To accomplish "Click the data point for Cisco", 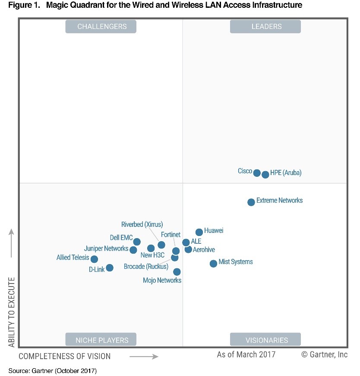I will point(257,173).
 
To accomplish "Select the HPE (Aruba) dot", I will point(265,175).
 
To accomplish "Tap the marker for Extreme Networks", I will point(251,202).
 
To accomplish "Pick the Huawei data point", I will point(199,232).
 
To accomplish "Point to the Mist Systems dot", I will point(213,264).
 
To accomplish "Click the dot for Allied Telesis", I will point(94,259).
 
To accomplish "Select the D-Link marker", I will point(110,268).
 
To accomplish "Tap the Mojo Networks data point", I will point(177,272).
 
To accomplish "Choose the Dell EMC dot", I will point(137,242).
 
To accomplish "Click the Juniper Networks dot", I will point(133,250).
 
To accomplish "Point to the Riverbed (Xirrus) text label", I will point(142,224).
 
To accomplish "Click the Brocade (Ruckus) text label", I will point(145,267).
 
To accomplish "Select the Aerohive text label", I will point(204,250).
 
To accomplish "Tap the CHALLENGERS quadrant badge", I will point(101,26).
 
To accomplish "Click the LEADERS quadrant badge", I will point(265,26).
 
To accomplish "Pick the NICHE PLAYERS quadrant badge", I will point(101,340).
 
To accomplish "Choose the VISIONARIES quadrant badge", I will point(265,340).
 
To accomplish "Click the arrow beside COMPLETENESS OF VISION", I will point(144,357).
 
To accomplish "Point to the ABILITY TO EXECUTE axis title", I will point(12,312).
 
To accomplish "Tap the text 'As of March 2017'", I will point(246,355).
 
